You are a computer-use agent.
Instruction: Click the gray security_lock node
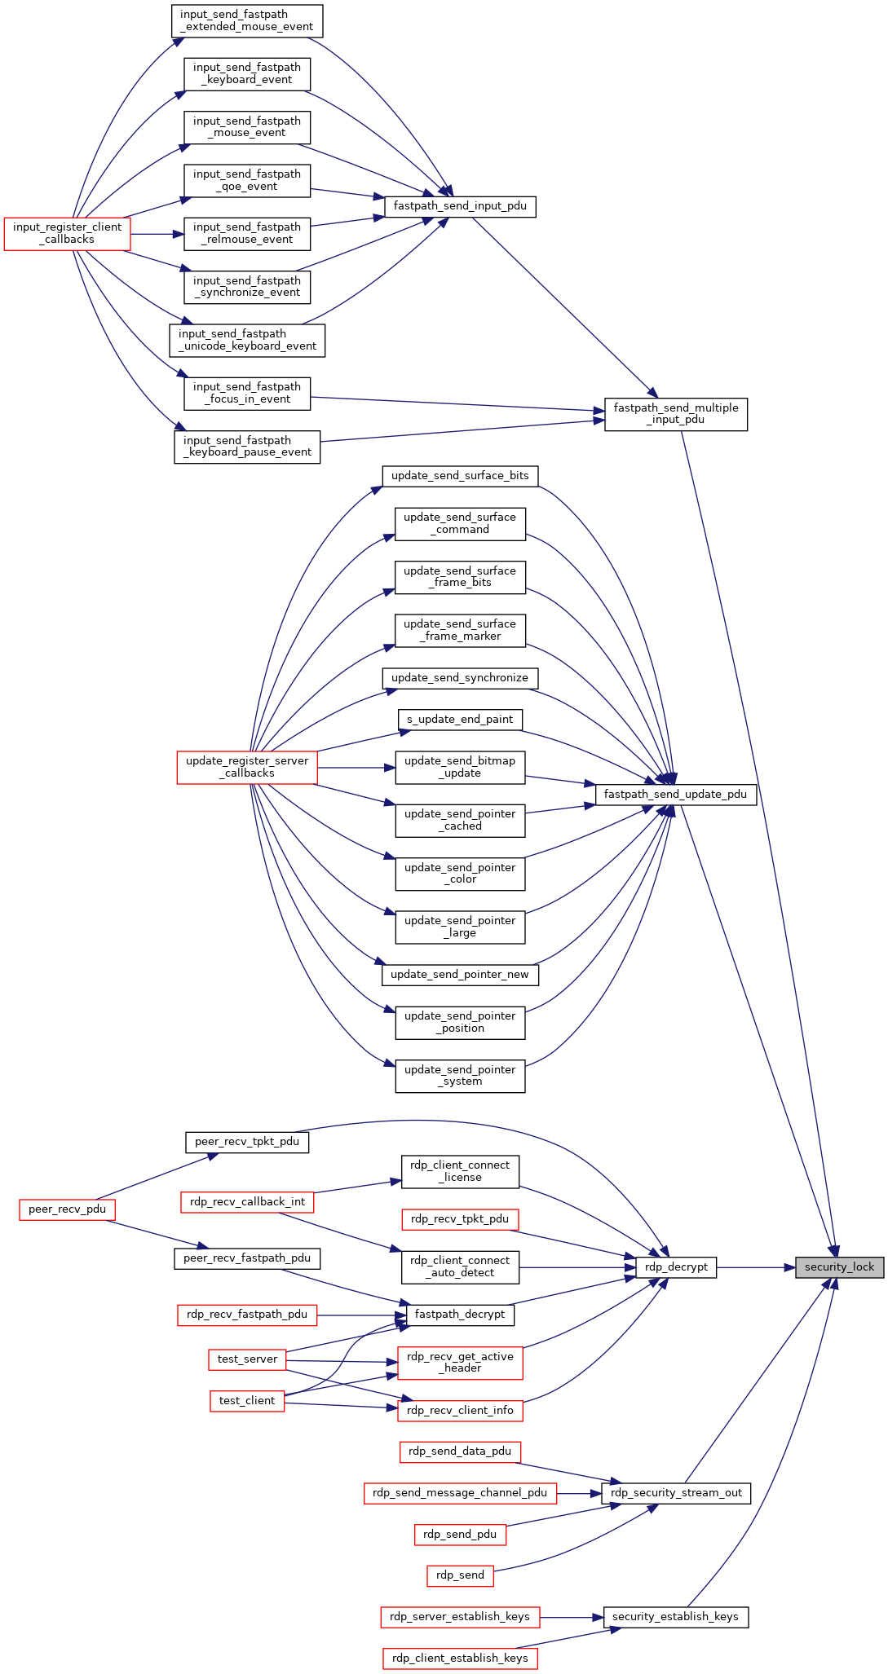tap(839, 1267)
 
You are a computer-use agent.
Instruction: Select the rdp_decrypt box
tap(676, 1267)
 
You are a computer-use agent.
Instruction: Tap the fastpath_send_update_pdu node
tap(676, 794)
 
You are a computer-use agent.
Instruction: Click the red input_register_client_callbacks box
tap(67, 233)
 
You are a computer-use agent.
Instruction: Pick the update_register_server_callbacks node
tap(247, 767)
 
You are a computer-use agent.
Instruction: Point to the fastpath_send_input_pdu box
tap(460, 206)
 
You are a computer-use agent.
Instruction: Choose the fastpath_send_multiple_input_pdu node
tap(676, 414)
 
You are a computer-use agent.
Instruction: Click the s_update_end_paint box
tap(460, 720)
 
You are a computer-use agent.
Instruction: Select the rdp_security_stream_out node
tap(676, 1493)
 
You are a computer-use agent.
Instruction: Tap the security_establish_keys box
tap(676, 1617)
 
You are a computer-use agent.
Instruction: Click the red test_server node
tap(247, 1359)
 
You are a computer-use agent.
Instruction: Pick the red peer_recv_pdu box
tap(67, 1209)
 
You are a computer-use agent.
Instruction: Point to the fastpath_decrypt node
tap(460, 1315)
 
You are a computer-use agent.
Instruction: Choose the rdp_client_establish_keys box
tap(460, 1659)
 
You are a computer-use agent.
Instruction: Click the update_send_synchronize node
tap(460, 678)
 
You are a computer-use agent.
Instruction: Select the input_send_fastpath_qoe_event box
tap(247, 180)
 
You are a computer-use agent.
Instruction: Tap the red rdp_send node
tap(460, 1575)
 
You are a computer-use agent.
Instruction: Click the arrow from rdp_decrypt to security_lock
tap(756, 1267)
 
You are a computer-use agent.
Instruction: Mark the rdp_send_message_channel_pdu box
tap(460, 1493)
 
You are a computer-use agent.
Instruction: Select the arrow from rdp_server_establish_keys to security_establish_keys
tap(571, 1617)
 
